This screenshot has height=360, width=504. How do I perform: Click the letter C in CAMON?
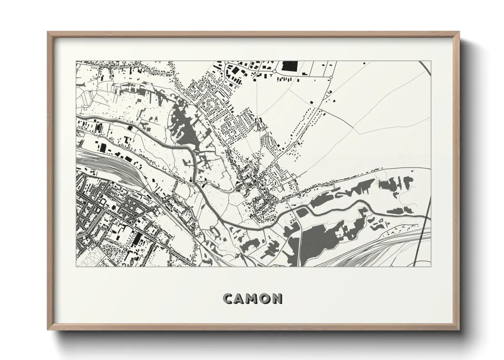pos(227,299)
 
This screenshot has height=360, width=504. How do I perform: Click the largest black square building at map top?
pos(290,66)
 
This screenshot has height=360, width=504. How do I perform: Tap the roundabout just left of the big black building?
pos(275,72)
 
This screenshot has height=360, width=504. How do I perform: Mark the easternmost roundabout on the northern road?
pos(331,78)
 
